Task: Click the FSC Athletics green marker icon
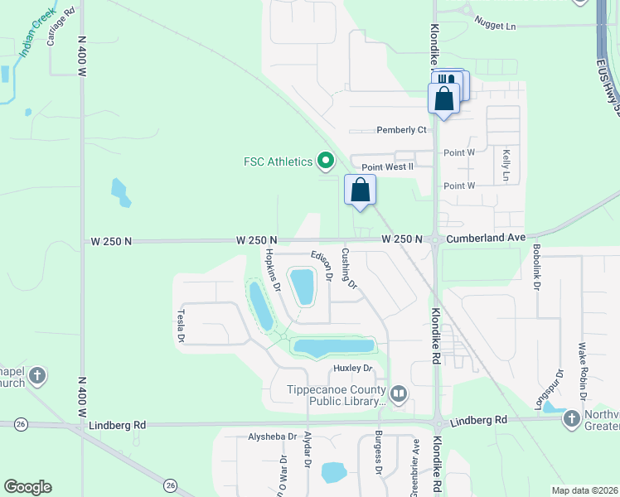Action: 326,161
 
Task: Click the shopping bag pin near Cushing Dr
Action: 361,190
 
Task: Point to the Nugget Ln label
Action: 493,27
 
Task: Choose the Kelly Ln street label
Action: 505,165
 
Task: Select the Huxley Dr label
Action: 354,368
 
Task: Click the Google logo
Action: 27,487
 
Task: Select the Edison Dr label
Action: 322,265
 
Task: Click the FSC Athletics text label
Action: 278,162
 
